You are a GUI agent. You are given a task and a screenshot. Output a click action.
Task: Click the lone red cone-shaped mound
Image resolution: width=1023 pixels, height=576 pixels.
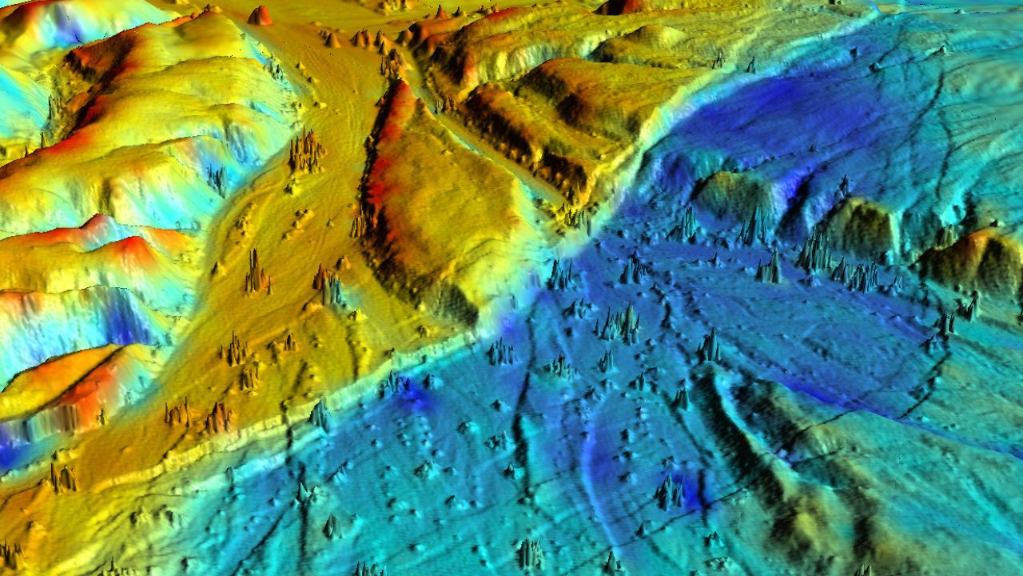click(x=260, y=15)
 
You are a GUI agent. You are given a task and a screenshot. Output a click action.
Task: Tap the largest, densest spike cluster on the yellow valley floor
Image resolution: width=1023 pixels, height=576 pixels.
click(x=305, y=152)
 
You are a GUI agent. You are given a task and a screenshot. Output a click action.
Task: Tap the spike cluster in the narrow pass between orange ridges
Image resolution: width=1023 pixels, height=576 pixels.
click(x=392, y=64)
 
